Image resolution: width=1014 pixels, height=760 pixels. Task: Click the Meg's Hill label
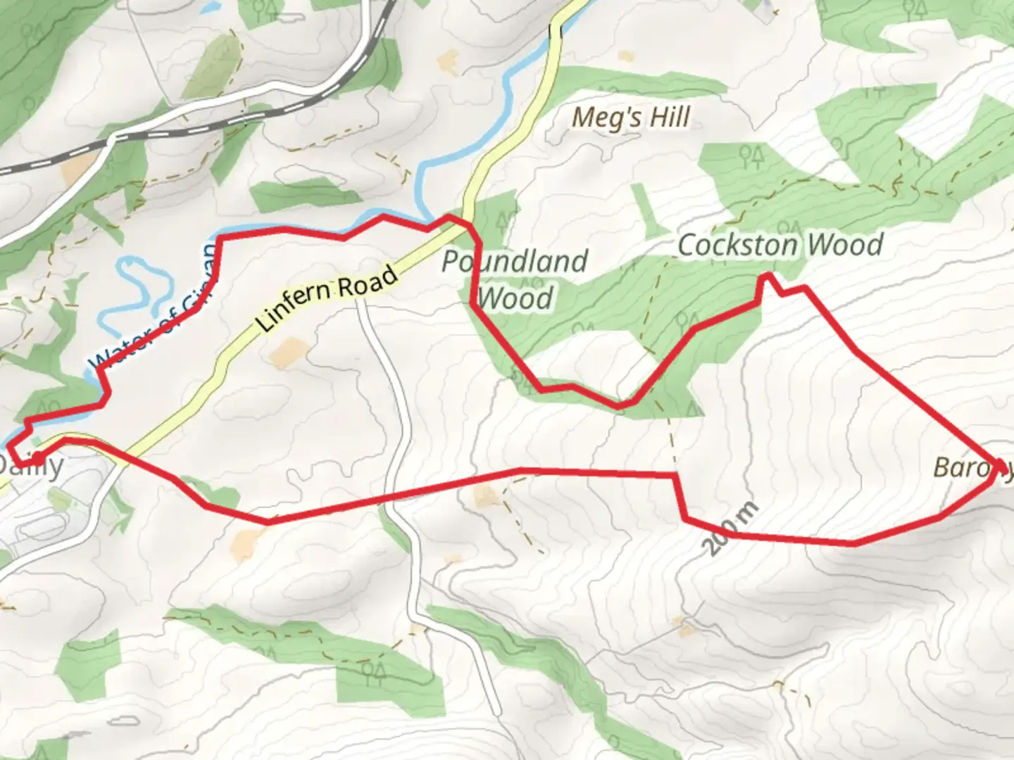[630, 118]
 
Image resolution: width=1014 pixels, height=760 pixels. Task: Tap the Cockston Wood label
[780, 245]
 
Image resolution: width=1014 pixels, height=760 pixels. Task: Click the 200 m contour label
[732, 528]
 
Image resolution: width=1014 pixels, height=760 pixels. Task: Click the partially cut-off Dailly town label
[32, 466]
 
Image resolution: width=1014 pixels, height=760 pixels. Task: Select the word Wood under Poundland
[518, 299]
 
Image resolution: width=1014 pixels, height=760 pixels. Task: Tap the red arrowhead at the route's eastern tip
[1000, 467]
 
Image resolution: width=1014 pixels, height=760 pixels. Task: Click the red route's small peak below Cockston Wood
[768, 278]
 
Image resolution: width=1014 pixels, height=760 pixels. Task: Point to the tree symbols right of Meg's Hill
[751, 155]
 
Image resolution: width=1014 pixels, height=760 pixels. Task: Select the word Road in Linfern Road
[370, 282]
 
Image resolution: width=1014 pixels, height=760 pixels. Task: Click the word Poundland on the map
[514, 262]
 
